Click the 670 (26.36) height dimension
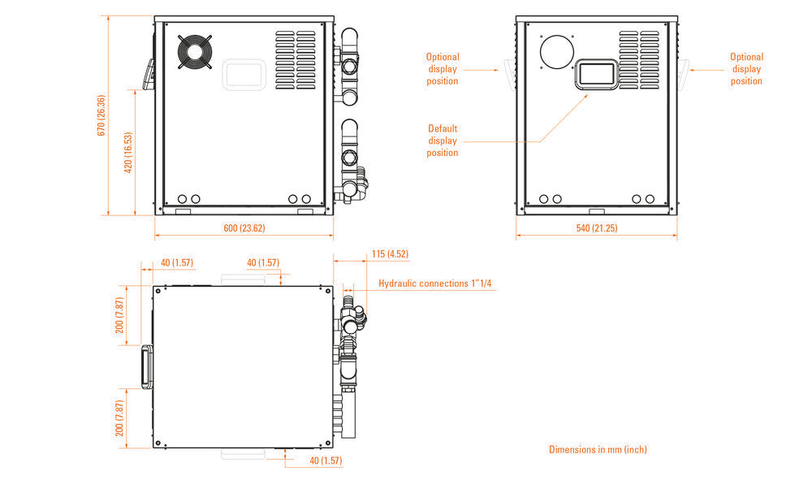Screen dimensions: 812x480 pos(101,115)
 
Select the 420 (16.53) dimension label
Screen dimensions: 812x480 pos(128,152)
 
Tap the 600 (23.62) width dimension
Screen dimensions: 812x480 pos(244,228)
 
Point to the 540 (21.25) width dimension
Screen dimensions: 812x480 pos(597,228)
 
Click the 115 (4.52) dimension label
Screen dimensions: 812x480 pos(390,253)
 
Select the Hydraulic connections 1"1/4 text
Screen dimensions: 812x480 pos(435,283)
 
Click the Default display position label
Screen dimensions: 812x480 pos(443,141)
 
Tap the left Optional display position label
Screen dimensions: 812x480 pos(443,69)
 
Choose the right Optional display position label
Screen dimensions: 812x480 pos(746,69)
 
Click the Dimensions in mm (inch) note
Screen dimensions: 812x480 pos(598,449)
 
